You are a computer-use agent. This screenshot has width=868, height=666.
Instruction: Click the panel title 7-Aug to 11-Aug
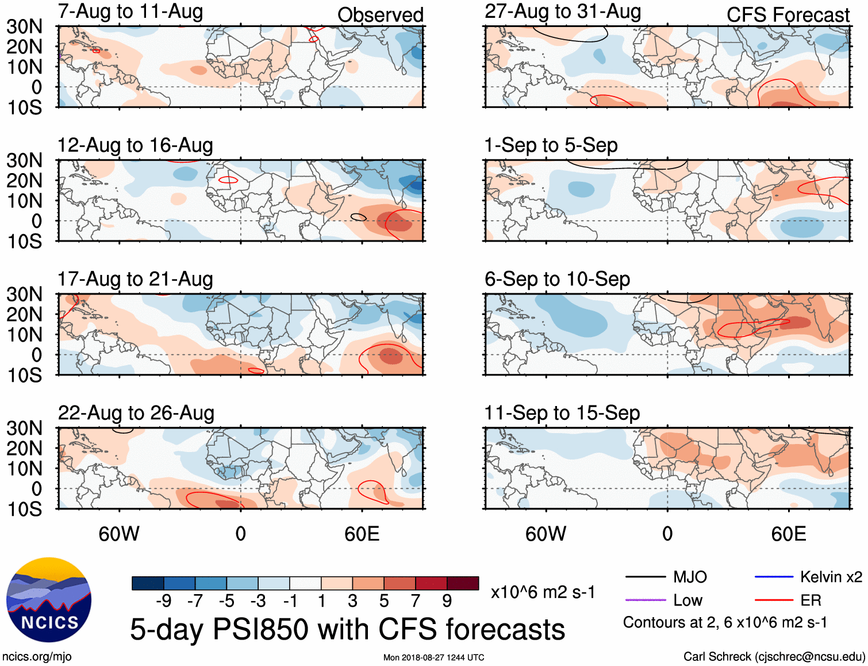coord(130,12)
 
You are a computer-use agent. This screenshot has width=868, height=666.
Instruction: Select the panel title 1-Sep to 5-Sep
coord(551,146)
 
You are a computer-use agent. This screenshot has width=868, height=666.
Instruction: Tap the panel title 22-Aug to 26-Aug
coord(136,413)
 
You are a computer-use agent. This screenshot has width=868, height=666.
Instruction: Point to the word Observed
coord(380,15)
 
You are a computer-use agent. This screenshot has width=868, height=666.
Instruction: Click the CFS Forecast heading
coord(788,15)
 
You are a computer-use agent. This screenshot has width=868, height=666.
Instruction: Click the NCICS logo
coord(49,600)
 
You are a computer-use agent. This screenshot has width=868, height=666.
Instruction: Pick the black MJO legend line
coord(645,577)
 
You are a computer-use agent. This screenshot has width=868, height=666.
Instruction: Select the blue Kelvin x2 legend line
coord(774,577)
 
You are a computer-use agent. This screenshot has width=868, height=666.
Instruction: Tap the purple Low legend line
coord(645,600)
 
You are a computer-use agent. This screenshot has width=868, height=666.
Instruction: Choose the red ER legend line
coord(774,600)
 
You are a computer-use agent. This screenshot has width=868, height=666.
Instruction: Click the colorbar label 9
coord(447,601)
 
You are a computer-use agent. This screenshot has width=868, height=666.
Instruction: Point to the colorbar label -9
coord(164,601)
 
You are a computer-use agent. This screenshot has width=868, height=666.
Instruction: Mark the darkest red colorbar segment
coord(463,583)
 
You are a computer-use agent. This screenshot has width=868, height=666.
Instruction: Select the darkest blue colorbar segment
coord(148,583)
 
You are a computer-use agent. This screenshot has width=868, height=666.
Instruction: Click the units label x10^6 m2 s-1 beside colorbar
coord(543,592)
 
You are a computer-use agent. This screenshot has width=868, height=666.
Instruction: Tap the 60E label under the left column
coord(362,534)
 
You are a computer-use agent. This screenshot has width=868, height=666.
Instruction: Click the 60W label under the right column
coord(546,534)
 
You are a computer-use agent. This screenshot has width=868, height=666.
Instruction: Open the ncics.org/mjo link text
coord(37,657)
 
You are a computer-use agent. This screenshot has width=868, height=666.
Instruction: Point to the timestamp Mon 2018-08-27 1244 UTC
coord(433,657)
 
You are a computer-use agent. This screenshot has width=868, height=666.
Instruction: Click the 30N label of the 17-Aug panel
coord(25,294)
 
